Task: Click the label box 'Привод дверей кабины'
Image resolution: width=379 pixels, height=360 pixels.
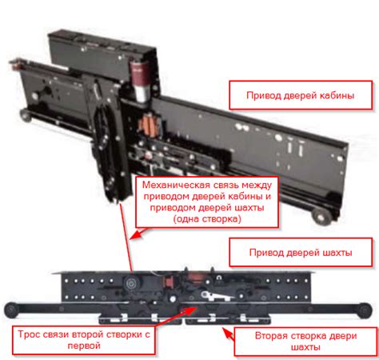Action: (301, 95)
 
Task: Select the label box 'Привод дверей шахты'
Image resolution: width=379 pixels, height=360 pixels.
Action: (301, 252)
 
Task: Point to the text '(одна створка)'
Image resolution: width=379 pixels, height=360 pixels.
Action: (207, 219)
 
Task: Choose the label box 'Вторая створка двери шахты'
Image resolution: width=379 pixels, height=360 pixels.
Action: (305, 342)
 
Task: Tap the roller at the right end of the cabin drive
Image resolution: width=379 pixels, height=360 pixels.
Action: (321, 217)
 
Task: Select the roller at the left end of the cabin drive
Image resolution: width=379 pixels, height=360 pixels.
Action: (26, 115)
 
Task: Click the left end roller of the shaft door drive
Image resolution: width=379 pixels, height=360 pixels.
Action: (11, 310)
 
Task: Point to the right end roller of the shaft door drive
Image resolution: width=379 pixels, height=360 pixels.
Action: (365, 310)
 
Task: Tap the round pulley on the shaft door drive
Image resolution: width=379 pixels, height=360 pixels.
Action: (131, 284)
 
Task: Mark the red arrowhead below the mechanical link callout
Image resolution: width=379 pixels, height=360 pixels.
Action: (137, 234)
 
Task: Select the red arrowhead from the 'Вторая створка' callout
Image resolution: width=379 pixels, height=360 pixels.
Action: (226, 332)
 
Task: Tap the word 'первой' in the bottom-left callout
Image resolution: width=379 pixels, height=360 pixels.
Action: (84, 346)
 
